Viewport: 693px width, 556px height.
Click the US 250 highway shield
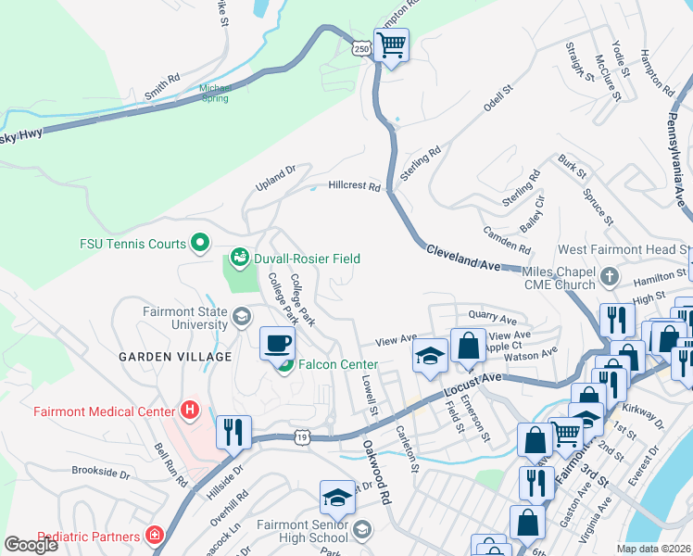(361, 48)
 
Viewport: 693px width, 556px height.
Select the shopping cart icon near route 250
(392, 44)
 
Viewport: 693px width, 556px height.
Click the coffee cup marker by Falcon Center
(277, 345)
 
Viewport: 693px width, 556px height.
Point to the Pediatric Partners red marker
(154, 536)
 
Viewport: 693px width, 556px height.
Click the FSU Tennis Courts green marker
(199, 244)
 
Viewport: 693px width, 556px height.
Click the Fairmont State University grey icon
(241, 318)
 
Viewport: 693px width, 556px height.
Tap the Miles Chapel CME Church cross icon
(610, 275)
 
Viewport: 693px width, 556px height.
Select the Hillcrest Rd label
(354, 186)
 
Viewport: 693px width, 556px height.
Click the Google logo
(31, 544)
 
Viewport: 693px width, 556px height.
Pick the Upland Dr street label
(275, 178)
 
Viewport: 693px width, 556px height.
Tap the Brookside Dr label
(101, 473)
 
